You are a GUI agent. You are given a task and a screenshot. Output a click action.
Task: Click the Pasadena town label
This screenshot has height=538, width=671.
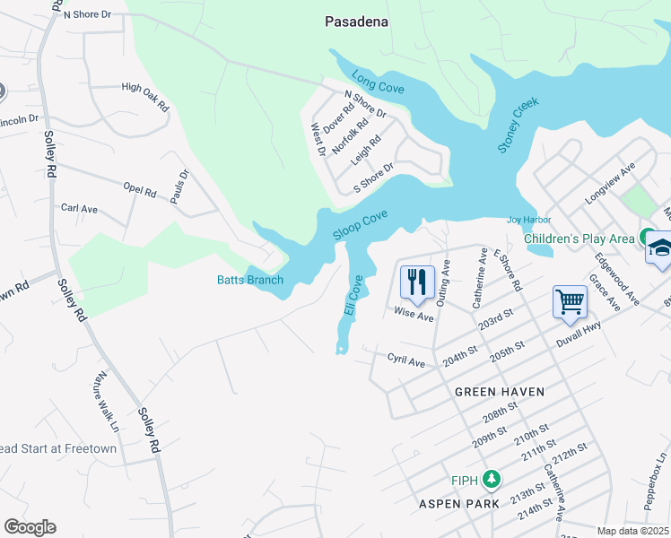pyautogui.click(x=356, y=22)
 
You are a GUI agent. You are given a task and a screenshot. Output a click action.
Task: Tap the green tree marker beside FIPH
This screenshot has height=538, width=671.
pyautogui.click(x=490, y=479)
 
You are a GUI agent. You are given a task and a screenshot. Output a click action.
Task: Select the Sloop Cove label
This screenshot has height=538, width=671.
pyautogui.click(x=360, y=225)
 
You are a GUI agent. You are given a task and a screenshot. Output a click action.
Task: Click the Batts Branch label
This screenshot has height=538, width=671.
pyautogui.click(x=250, y=280)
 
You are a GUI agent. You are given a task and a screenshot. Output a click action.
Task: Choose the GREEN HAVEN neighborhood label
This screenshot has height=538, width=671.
pyautogui.click(x=500, y=392)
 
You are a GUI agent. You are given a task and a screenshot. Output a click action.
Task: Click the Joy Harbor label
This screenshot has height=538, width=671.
pyautogui.click(x=528, y=220)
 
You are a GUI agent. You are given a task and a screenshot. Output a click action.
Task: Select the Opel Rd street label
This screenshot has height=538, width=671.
pyautogui.click(x=140, y=190)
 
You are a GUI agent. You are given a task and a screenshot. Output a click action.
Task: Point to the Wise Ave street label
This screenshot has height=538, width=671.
pyautogui.click(x=414, y=316)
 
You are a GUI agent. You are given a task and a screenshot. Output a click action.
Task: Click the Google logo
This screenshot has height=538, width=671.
pyautogui.click(x=30, y=527)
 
